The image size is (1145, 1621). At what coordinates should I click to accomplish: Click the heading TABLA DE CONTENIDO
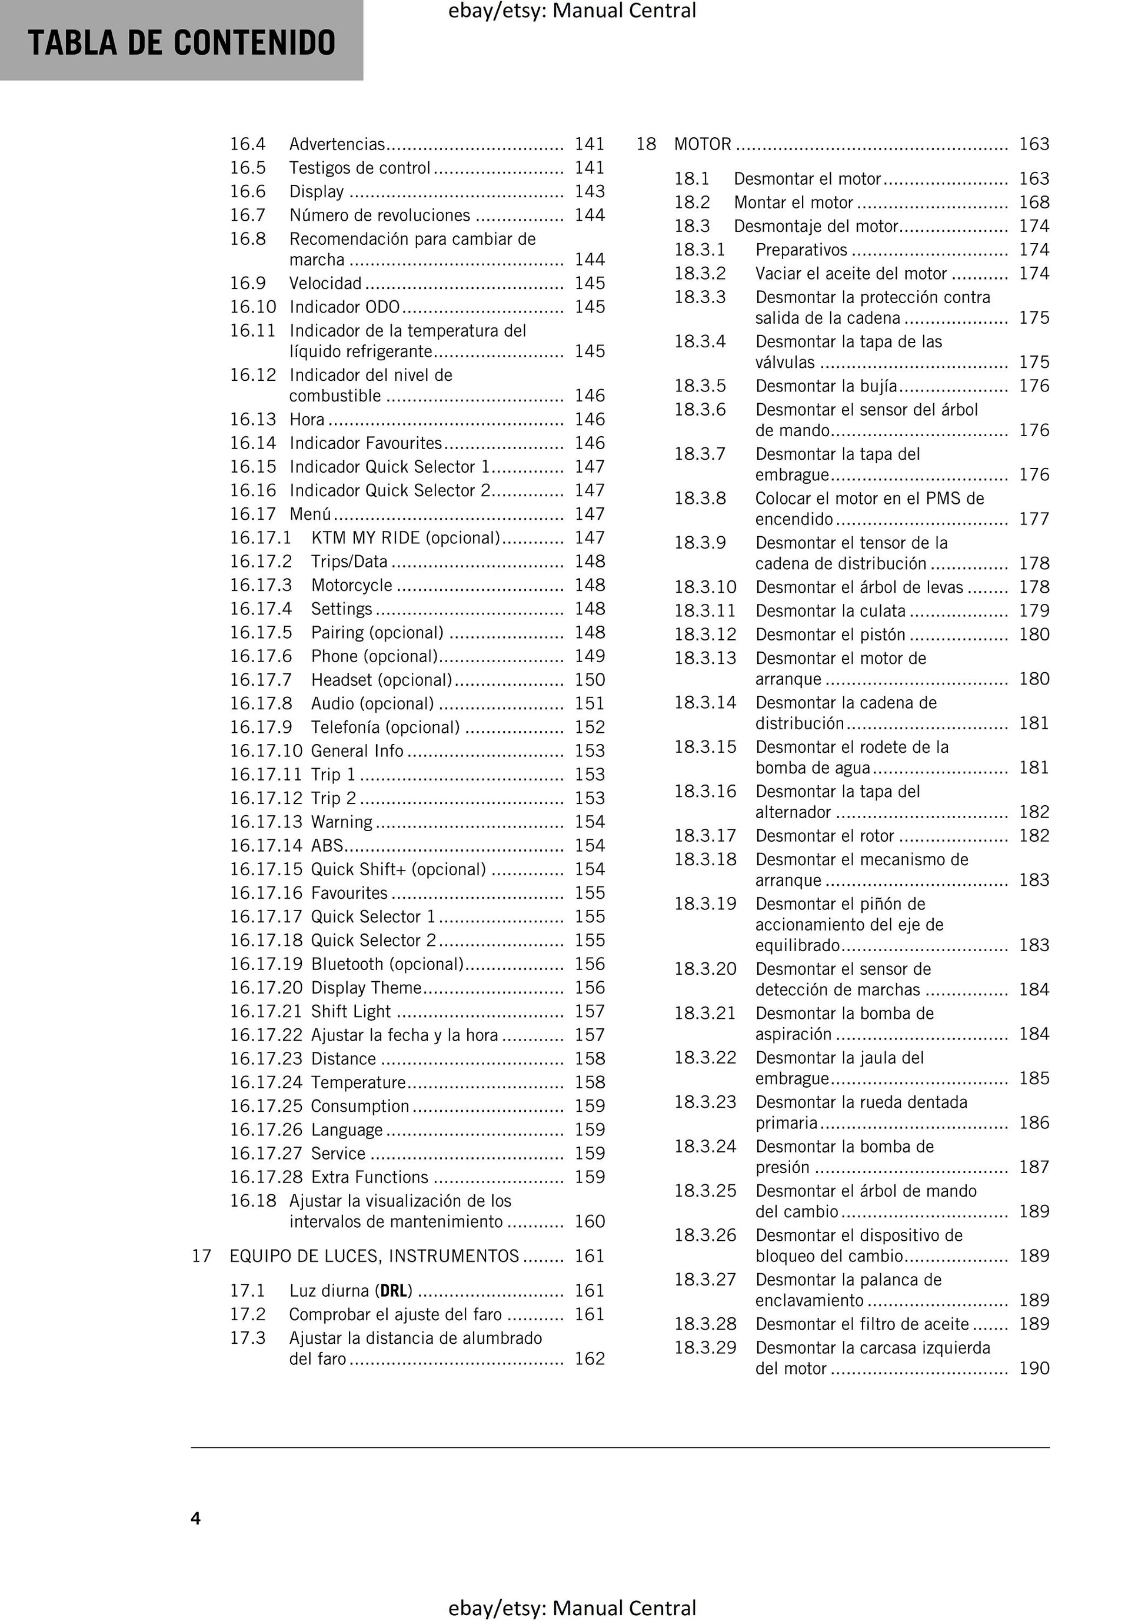tap(181, 43)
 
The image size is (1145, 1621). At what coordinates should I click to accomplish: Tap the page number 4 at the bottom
tap(195, 1518)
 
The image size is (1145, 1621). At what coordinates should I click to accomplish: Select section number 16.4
tap(247, 144)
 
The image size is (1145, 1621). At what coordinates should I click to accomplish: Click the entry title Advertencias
tap(337, 144)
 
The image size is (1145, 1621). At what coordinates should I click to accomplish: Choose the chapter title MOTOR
tap(703, 144)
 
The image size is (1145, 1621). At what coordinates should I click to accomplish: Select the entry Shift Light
tap(351, 1011)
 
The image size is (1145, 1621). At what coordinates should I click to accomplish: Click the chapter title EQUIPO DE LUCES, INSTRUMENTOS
tap(374, 1255)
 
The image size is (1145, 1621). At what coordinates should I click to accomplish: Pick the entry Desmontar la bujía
tap(826, 386)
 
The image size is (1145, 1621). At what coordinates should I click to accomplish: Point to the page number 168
tap(1033, 202)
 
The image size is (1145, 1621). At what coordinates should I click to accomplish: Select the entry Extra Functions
tap(369, 1177)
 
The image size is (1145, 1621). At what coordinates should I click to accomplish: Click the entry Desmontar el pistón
tap(830, 634)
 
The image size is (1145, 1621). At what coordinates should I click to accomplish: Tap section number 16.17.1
tap(260, 537)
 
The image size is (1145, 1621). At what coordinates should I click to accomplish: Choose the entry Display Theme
tap(365, 987)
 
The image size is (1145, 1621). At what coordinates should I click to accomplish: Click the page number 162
tap(590, 1358)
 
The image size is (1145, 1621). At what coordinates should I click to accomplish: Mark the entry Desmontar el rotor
tap(824, 835)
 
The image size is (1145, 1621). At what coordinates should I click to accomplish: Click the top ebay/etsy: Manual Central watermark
tap(572, 11)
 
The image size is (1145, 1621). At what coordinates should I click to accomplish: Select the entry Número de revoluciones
tap(379, 215)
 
